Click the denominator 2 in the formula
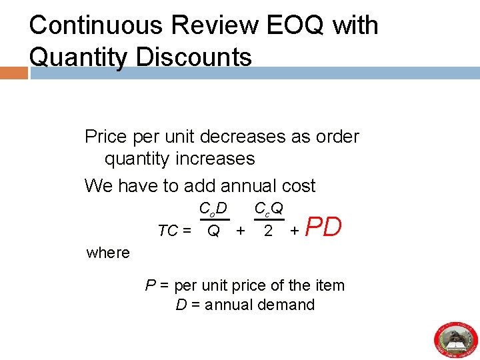click(x=268, y=231)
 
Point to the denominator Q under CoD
click(x=213, y=231)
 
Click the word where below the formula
click(x=109, y=253)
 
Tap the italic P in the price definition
click(x=150, y=285)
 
